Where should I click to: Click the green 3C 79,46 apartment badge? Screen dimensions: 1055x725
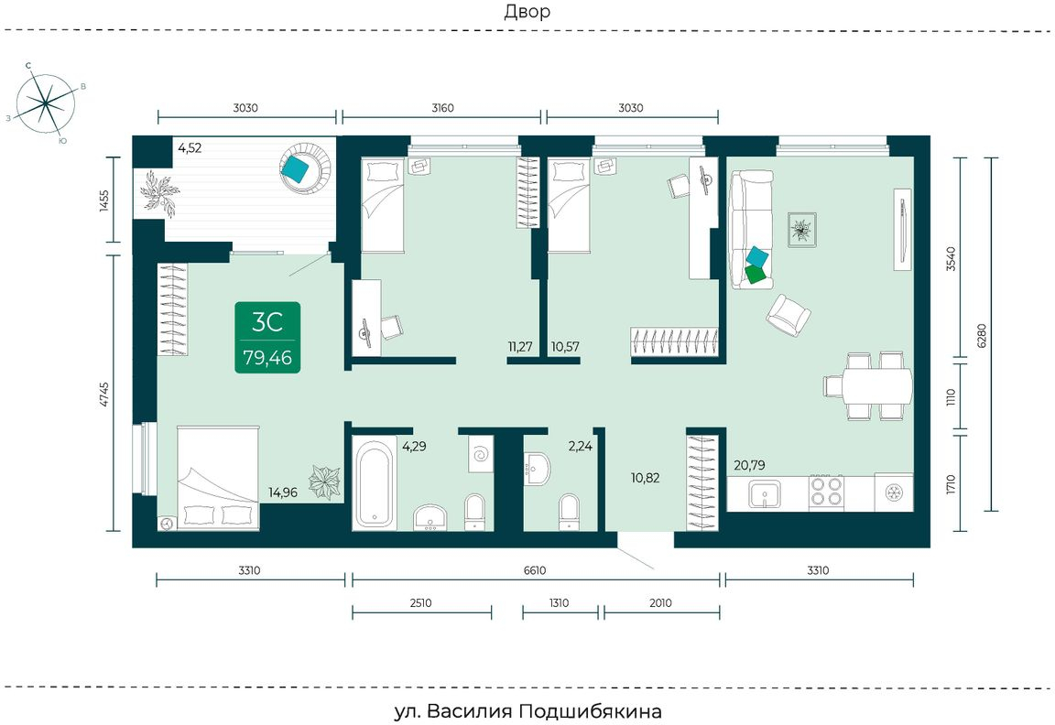[267, 337]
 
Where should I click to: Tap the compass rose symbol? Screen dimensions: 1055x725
[46, 103]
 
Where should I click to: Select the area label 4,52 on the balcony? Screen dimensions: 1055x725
[189, 148]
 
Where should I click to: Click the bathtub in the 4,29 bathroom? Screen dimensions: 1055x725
[374, 483]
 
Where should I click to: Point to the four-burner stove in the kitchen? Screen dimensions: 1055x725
[826, 491]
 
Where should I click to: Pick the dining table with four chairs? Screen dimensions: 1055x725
[868, 386]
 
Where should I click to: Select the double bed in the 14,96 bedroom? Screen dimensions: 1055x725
[218, 477]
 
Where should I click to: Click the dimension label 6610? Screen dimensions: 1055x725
[535, 570]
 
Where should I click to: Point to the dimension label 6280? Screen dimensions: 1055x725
[981, 335]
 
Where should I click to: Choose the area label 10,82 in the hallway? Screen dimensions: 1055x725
[645, 478]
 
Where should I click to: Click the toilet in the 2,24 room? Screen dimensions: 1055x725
[569, 512]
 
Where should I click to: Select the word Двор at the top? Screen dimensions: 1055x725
[527, 11]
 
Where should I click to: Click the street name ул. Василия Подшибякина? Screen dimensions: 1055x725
[527, 711]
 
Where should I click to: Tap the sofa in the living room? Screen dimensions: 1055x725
[752, 230]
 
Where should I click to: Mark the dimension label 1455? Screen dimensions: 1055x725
[103, 200]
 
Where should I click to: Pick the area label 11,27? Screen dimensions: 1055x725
[520, 347]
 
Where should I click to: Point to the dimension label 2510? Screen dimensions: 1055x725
[420, 602]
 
